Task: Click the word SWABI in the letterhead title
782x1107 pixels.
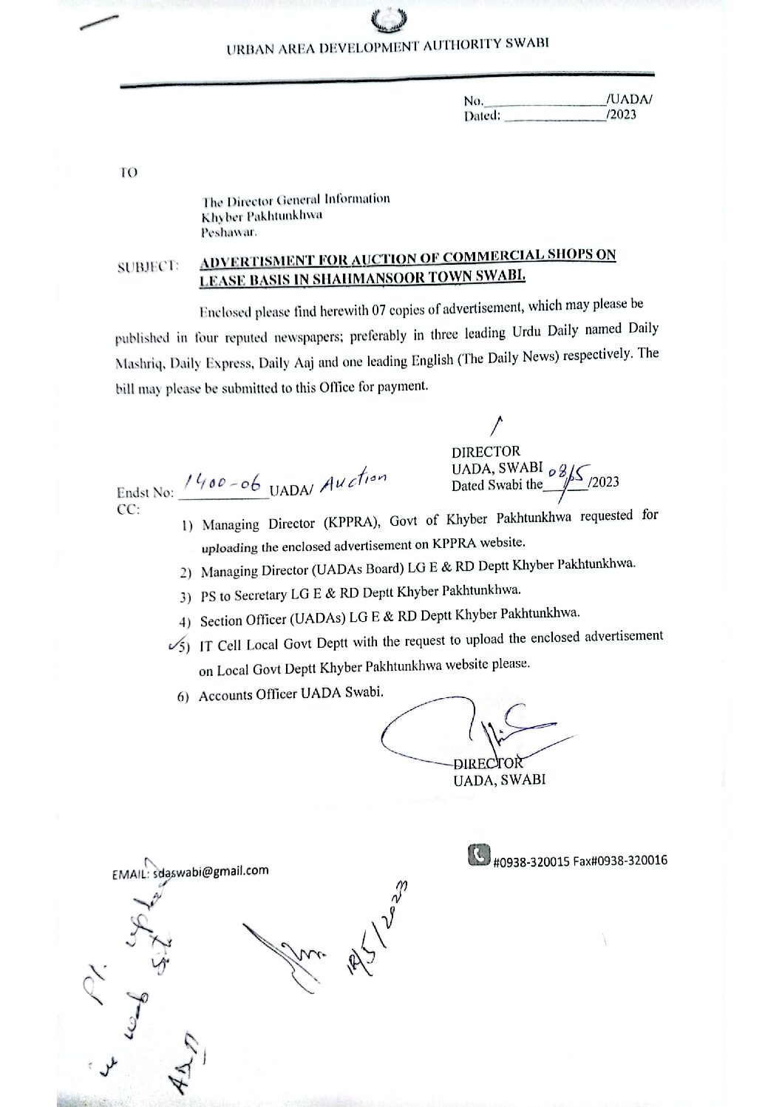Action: point(526,44)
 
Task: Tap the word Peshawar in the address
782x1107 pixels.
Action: point(228,231)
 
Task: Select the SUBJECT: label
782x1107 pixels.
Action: point(149,267)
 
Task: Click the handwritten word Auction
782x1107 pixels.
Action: point(353,482)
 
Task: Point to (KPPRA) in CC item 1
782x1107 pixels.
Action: point(350,522)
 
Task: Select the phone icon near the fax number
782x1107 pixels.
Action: point(478,855)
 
